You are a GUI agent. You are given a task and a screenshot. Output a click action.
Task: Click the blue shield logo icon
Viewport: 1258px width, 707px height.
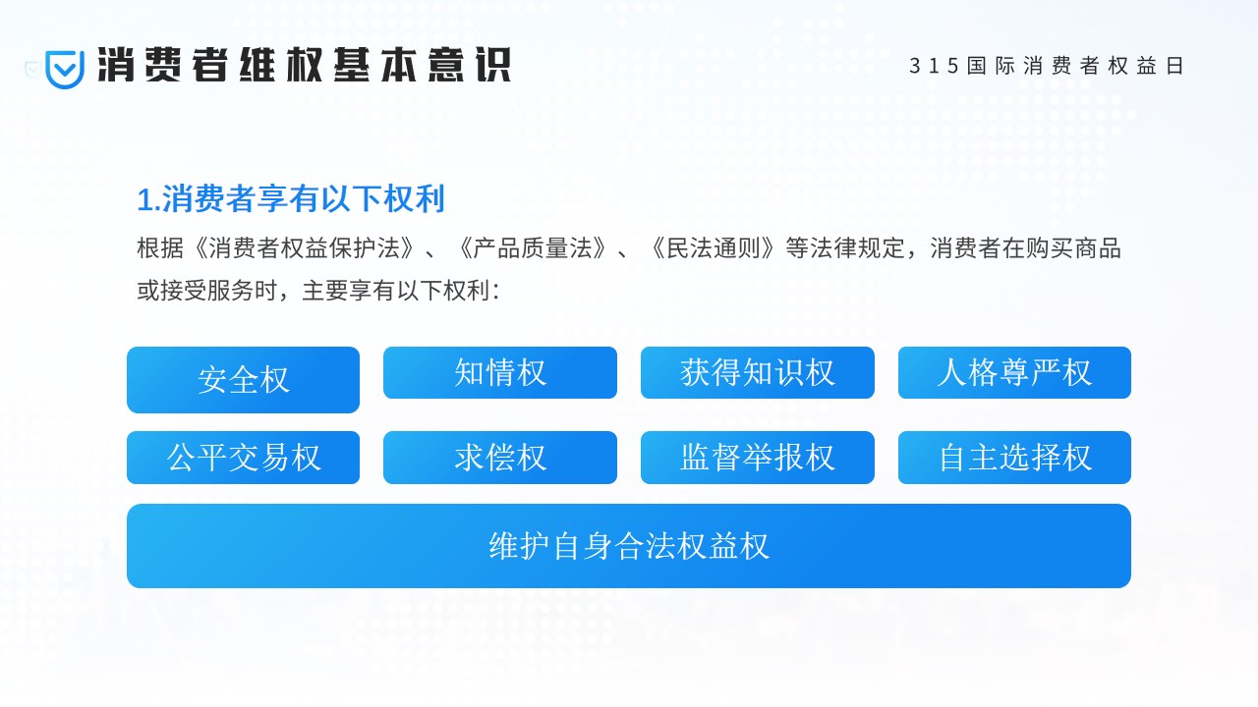click(65, 69)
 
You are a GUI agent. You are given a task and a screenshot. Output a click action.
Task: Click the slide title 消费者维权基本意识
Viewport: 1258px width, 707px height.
click(304, 65)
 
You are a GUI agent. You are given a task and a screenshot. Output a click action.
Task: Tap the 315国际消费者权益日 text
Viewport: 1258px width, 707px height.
click(1047, 66)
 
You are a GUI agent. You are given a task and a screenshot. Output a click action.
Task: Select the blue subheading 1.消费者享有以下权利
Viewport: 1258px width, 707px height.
click(291, 198)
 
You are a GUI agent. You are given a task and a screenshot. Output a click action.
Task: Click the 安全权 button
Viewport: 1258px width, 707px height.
click(243, 380)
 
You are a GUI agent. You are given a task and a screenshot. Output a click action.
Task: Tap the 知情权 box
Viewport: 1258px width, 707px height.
click(500, 372)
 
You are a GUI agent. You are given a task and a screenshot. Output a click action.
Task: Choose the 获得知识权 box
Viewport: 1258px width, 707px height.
click(757, 372)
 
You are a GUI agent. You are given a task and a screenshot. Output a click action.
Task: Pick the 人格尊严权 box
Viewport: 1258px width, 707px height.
click(1014, 372)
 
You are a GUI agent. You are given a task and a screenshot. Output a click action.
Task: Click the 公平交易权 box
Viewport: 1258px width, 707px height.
click(243, 458)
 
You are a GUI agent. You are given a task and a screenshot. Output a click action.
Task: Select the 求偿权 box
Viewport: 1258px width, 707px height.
click(500, 458)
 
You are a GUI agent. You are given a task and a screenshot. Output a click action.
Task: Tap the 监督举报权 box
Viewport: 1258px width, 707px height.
click(757, 458)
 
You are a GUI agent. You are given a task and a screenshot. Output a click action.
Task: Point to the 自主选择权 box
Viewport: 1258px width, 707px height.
click(1014, 458)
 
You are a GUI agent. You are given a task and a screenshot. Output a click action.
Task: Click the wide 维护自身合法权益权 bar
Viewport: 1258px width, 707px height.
click(628, 546)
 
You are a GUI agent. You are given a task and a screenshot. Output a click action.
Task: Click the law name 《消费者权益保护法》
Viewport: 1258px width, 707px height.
click(304, 248)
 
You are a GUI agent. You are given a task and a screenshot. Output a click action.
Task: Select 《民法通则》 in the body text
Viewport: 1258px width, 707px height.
click(713, 248)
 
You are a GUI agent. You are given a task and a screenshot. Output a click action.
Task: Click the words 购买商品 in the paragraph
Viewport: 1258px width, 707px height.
click(1073, 248)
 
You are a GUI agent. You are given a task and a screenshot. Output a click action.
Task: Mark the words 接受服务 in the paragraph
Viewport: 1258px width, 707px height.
click(206, 291)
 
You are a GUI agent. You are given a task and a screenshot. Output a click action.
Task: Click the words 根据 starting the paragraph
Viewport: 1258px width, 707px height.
click(160, 248)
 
